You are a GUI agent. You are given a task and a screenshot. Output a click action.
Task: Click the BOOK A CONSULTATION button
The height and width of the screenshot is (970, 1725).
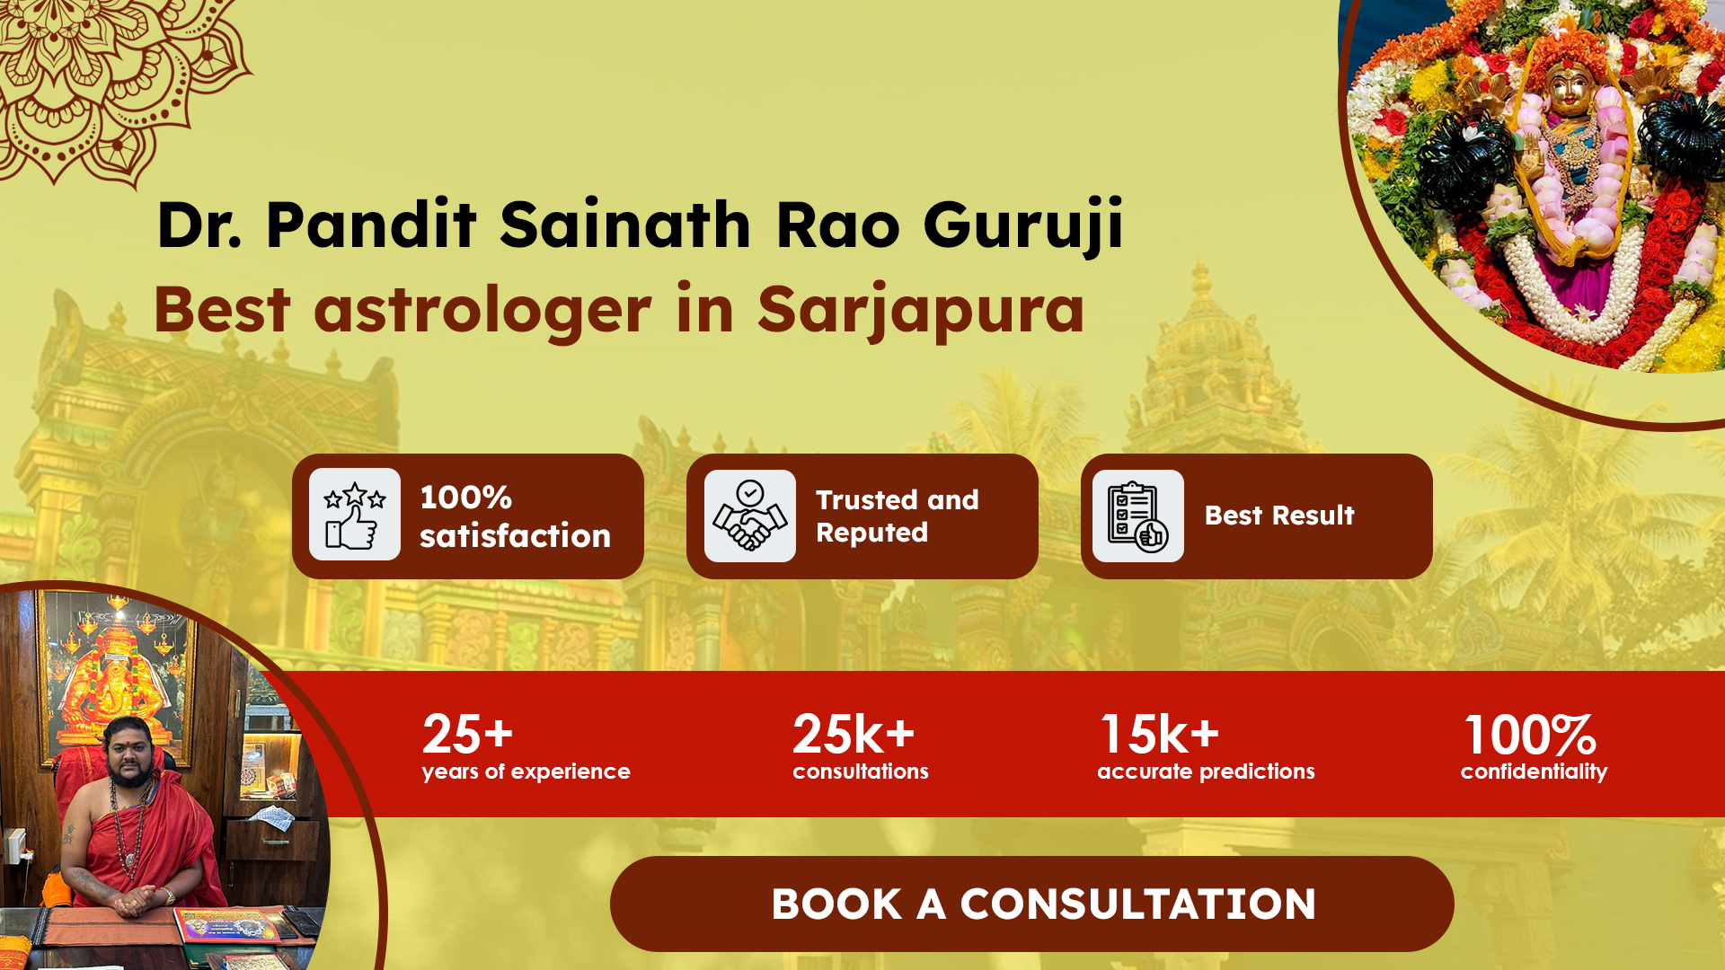1031,904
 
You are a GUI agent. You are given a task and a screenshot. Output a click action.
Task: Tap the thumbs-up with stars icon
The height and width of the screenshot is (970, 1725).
355,516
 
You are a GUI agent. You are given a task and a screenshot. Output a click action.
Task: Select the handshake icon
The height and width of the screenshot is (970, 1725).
750,516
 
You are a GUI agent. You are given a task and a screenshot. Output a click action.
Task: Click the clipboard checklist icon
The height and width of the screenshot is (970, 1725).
1138,516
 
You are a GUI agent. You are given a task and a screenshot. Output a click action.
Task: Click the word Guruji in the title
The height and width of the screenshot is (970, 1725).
1023,225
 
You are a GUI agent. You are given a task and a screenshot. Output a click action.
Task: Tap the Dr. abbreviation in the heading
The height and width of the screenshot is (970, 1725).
199,225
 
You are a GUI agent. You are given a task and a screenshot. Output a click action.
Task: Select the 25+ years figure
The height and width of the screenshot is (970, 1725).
467,734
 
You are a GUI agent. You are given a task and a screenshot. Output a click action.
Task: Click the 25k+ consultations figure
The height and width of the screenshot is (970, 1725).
854,734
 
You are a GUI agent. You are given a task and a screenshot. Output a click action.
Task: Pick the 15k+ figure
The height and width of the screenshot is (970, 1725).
1160,734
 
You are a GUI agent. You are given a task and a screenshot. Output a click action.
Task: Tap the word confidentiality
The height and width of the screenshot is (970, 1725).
1534,772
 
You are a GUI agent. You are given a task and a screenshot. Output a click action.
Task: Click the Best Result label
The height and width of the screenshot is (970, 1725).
1279,516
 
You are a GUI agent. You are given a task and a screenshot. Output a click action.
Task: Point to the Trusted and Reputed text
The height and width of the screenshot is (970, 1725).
897,516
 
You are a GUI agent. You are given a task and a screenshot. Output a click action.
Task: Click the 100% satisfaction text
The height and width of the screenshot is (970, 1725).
515,516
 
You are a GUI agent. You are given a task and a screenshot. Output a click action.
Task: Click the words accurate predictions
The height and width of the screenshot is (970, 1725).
1206,772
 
